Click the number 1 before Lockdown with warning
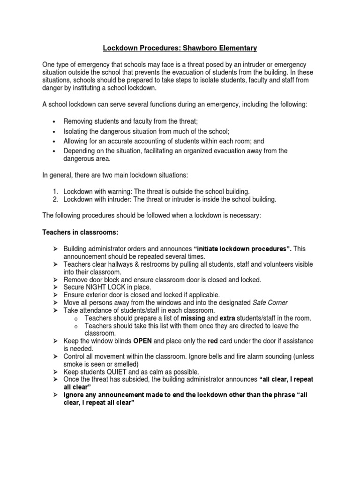pyautogui.click(x=55, y=191)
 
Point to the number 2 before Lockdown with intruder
pyautogui.click(x=55, y=199)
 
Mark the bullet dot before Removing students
pyautogui.click(x=55, y=121)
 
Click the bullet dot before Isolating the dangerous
pyautogui.click(x=55, y=132)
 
